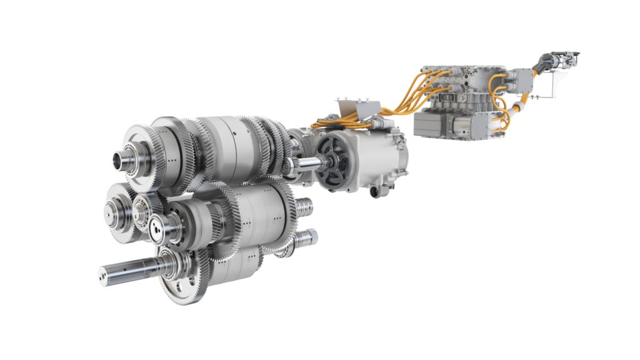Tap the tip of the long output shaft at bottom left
(104, 273)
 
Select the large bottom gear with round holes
(181, 281)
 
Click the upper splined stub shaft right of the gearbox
(304, 207)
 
